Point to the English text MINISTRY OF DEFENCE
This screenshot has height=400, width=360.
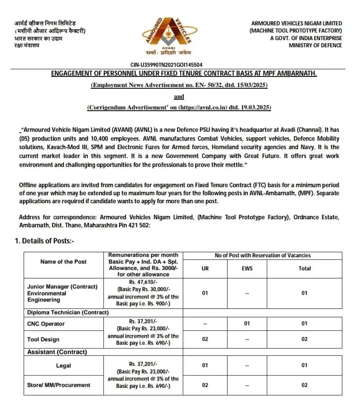click(315, 45)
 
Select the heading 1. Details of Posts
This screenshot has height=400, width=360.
click(45, 241)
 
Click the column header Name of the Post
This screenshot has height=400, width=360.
click(63, 262)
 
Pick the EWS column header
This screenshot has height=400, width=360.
click(247, 269)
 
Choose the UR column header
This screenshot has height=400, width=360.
click(205, 269)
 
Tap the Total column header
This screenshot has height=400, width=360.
click(304, 269)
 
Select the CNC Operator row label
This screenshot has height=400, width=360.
click(46, 324)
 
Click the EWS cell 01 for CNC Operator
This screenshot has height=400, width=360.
click(247, 324)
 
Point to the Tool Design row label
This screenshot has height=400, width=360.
click(43, 339)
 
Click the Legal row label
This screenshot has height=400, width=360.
click(63, 366)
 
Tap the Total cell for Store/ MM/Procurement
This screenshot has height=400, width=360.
click(304, 385)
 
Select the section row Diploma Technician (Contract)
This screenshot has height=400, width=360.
click(68, 313)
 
